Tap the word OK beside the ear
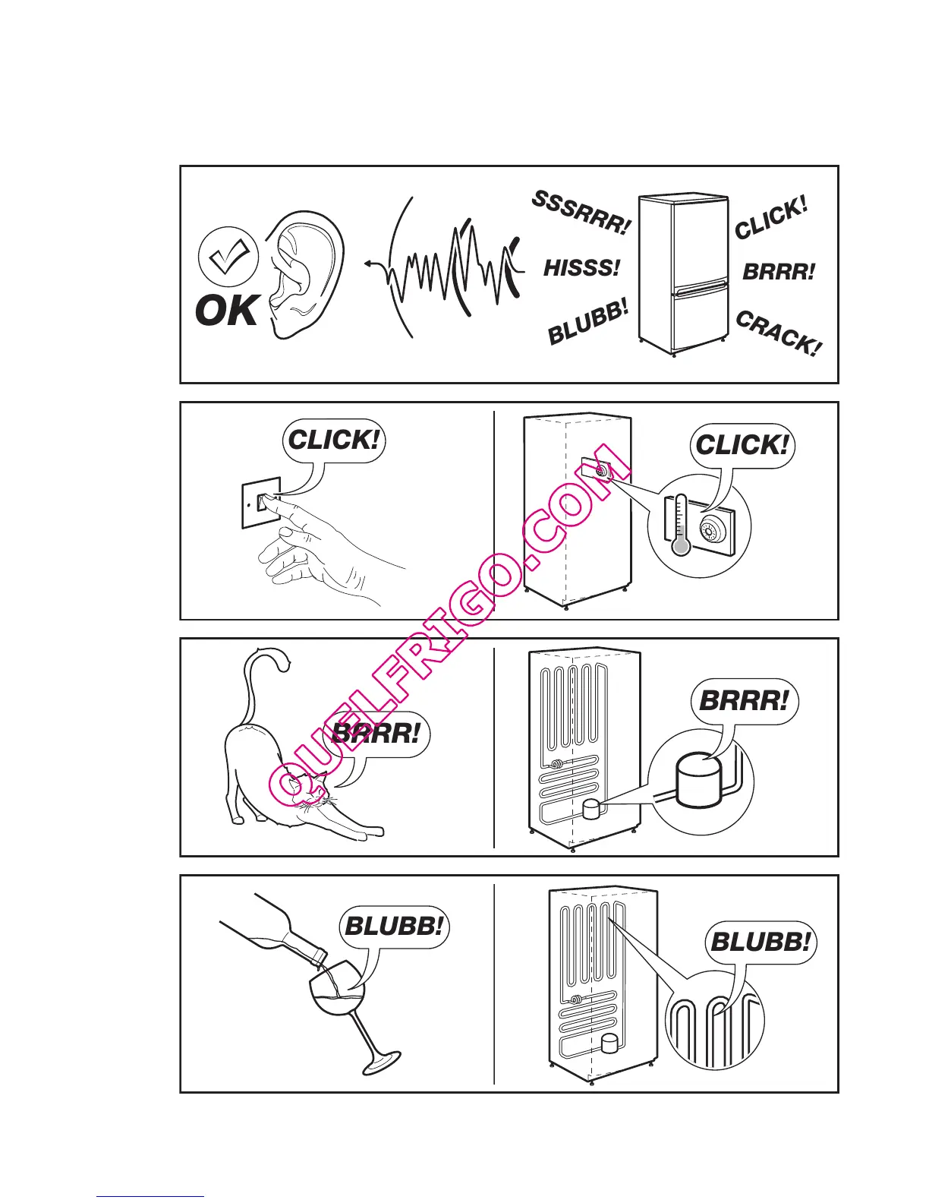coord(226,311)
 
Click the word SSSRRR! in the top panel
coord(581,213)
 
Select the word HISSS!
coord(581,267)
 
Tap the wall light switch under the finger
coord(262,502)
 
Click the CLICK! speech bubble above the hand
coord(334,440)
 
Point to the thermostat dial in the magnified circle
coord(713,528)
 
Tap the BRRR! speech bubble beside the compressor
coord(744,700)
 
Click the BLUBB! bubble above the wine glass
coord(394,927)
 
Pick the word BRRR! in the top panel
coord(779,272)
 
